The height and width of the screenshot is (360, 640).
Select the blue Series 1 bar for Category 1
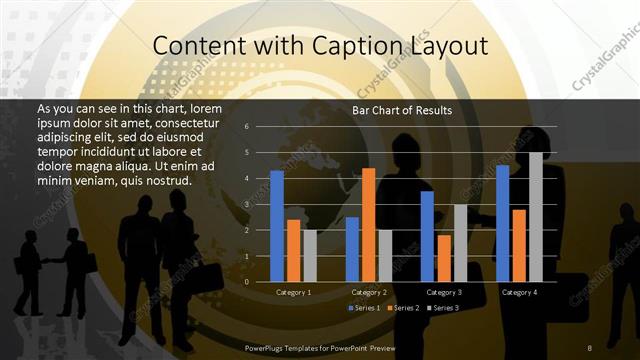click(277, 226)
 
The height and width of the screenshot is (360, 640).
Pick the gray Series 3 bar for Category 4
click(535, 217)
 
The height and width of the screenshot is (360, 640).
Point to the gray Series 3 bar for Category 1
click(310, 256)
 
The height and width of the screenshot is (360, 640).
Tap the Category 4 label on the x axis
click(518, 292)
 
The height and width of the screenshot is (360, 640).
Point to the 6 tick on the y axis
click(246, 127)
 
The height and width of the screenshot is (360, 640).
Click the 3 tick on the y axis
click(246, 204)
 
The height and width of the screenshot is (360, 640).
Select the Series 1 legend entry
click(365, 307)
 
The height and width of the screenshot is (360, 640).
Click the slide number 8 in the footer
click(590, 346)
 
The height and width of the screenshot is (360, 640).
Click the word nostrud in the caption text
click(165, 180)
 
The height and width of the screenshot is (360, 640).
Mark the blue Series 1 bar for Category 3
click(427, 236)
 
